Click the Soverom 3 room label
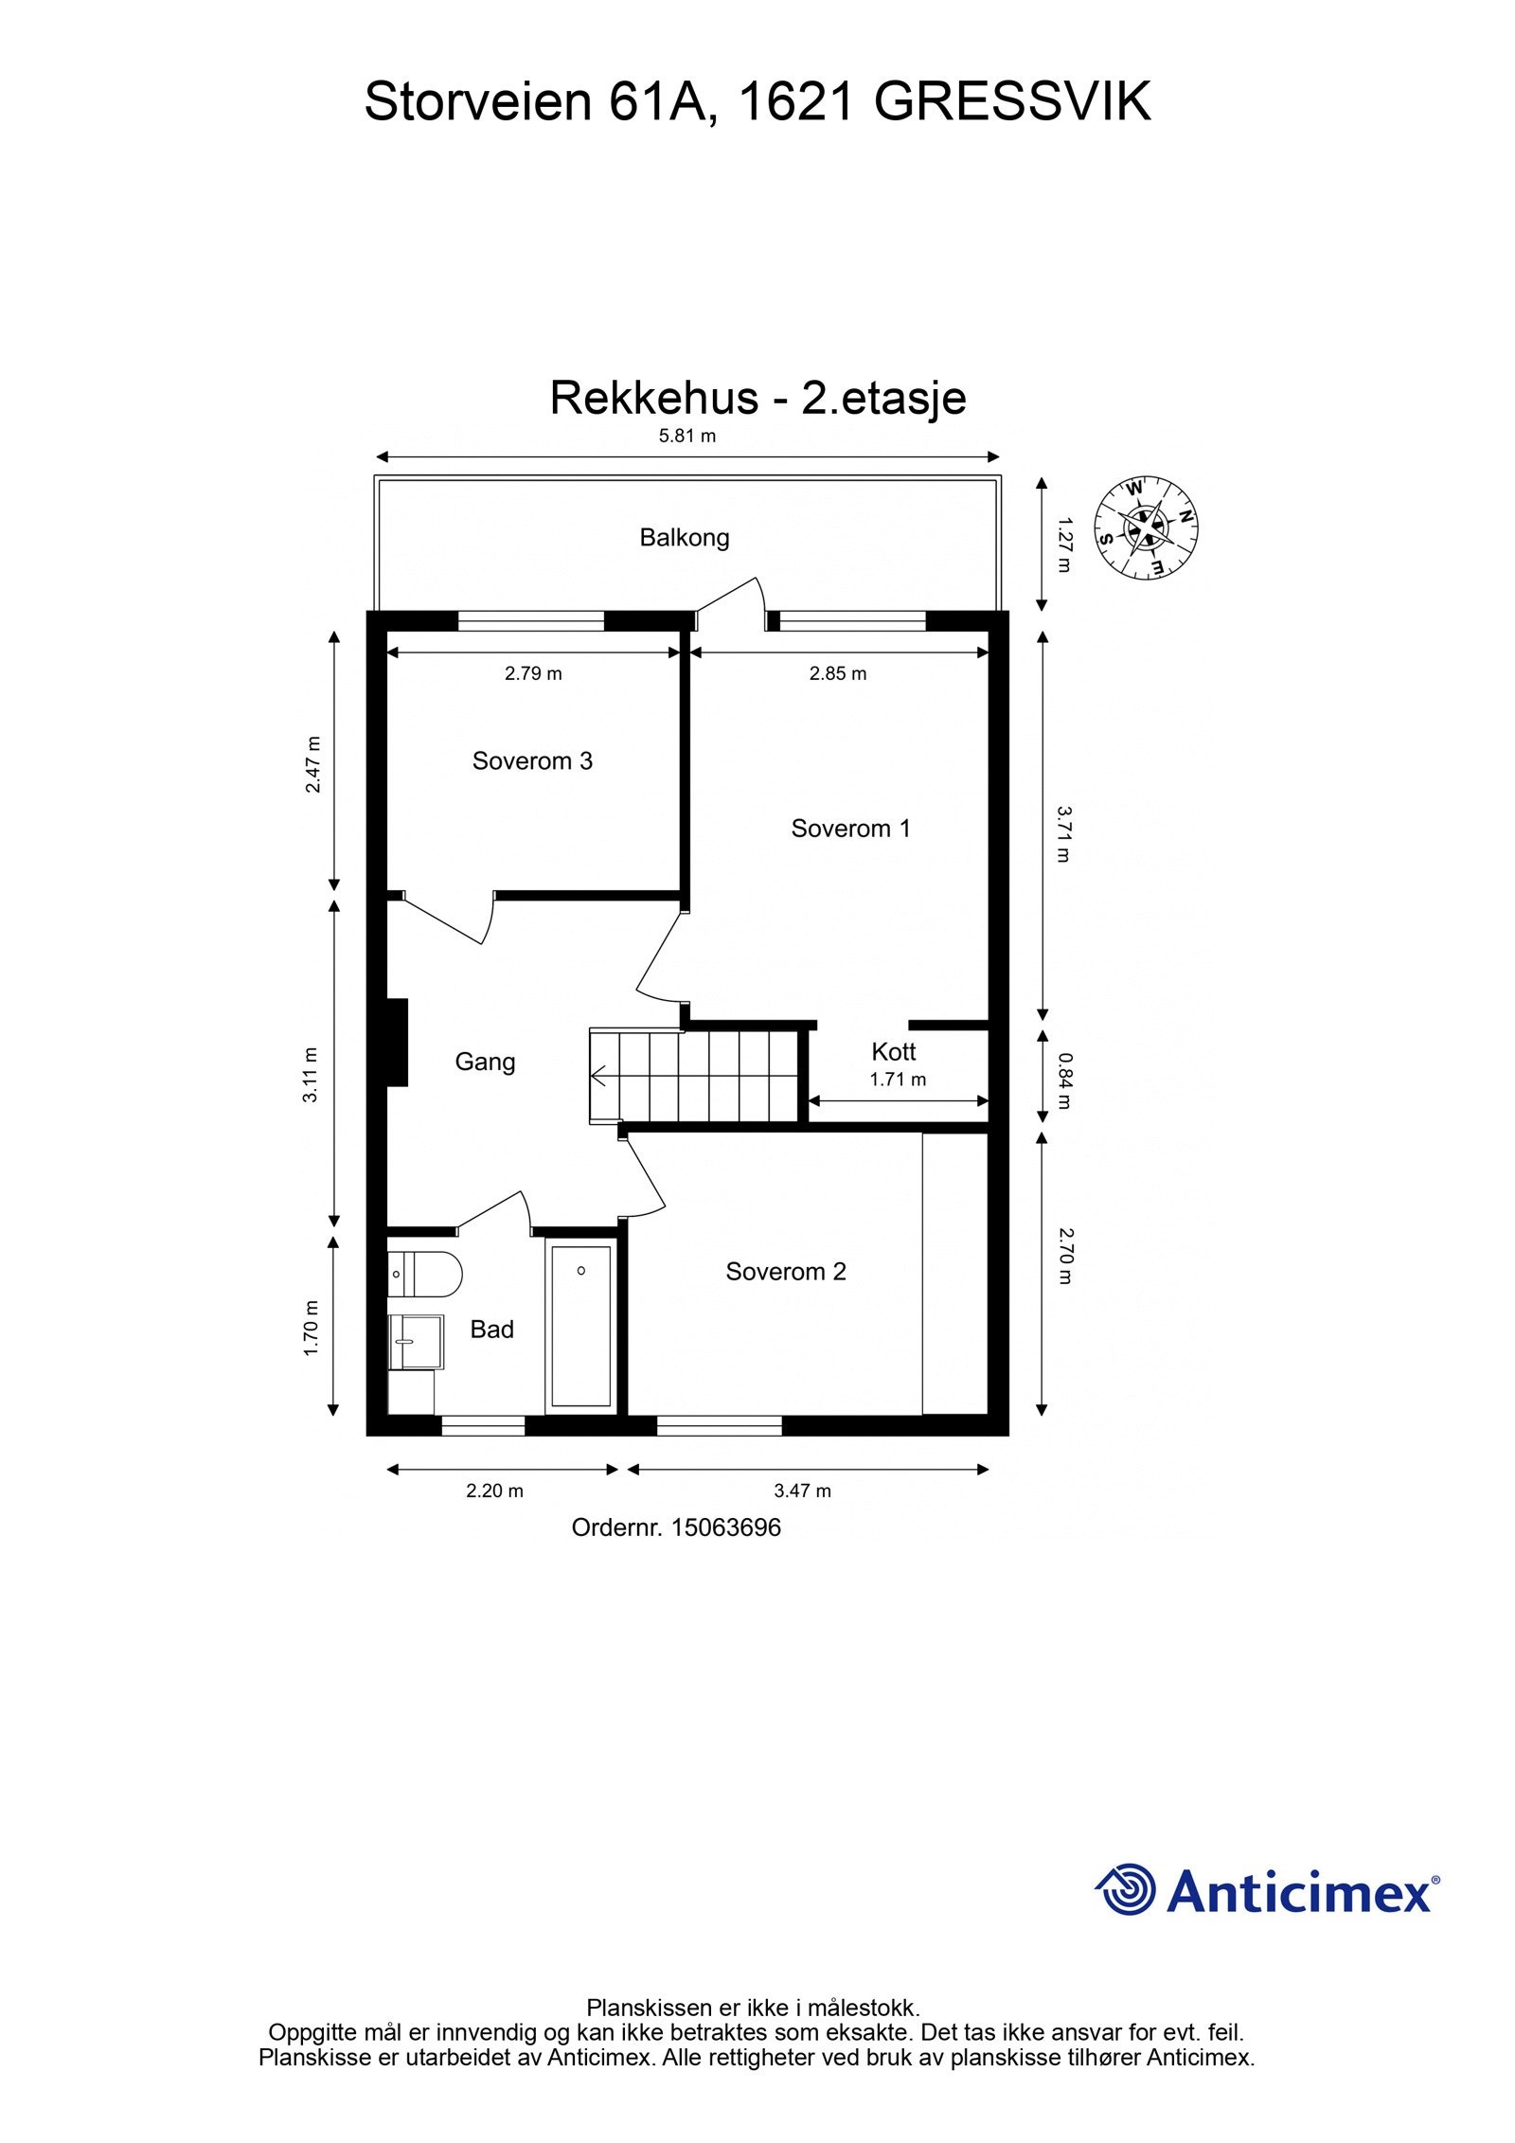[532, 760]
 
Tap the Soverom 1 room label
[850, 829]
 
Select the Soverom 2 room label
[785, 1271]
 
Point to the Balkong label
[684, 538]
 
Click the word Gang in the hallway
[485, 1062]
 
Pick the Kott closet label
[893, 1051]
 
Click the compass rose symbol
[1146, 527]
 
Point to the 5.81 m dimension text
[687, 437]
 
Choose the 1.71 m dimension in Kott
[897, 1079]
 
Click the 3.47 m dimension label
[802, 1491]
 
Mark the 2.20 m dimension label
[494, 1491]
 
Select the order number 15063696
[725, 1527]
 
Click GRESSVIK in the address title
[1011, 102]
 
